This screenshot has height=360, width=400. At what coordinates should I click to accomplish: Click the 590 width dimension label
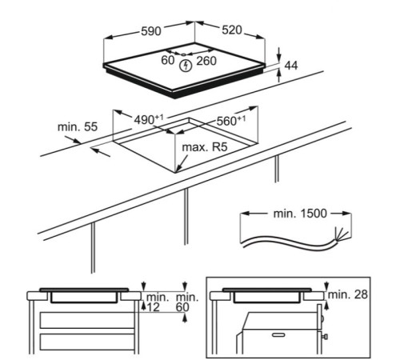[151, 31]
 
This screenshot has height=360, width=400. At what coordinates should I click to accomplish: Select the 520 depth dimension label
[232, 30]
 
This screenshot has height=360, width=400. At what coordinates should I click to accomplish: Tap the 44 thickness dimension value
[291, 66]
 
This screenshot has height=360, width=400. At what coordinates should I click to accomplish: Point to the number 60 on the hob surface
[168, 60]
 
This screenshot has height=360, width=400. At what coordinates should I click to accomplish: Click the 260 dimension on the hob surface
[206, 61]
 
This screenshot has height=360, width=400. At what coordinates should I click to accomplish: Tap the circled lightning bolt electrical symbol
[186, 66]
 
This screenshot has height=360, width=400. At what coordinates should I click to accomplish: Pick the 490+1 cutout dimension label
[149, 119]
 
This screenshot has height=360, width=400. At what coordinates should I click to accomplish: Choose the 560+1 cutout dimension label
[231, 121]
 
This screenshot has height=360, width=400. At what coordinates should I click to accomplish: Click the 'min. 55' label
[78, 127]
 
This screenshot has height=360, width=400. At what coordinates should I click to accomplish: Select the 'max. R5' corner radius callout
[205, 147]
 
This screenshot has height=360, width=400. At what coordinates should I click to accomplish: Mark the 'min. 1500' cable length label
[300, 214]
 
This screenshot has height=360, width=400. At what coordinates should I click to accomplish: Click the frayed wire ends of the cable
[342, 234]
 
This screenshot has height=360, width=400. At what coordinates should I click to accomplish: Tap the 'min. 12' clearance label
[156, 302]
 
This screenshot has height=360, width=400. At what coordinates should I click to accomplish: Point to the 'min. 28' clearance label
[348, 294]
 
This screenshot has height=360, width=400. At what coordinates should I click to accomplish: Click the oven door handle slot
[278, 335]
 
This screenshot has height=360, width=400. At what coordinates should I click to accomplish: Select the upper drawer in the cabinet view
[87, 320]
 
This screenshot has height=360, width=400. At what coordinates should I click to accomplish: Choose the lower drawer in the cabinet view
[87, 342]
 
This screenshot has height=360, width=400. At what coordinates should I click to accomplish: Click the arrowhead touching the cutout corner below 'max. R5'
[178, 170]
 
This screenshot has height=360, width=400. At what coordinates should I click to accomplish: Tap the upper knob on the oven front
[323, 318]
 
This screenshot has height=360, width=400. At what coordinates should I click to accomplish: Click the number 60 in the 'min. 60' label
[182, 307]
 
